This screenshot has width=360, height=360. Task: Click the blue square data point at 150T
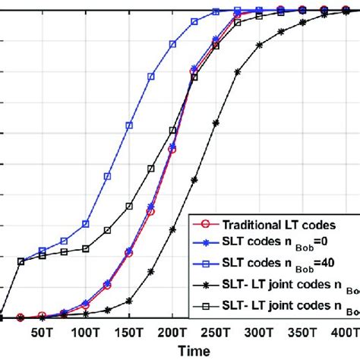point(129,125)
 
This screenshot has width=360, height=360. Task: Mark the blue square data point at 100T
point(86,224)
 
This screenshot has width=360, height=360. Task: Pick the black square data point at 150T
point(129,206)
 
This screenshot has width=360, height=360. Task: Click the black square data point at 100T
point(86,248)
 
